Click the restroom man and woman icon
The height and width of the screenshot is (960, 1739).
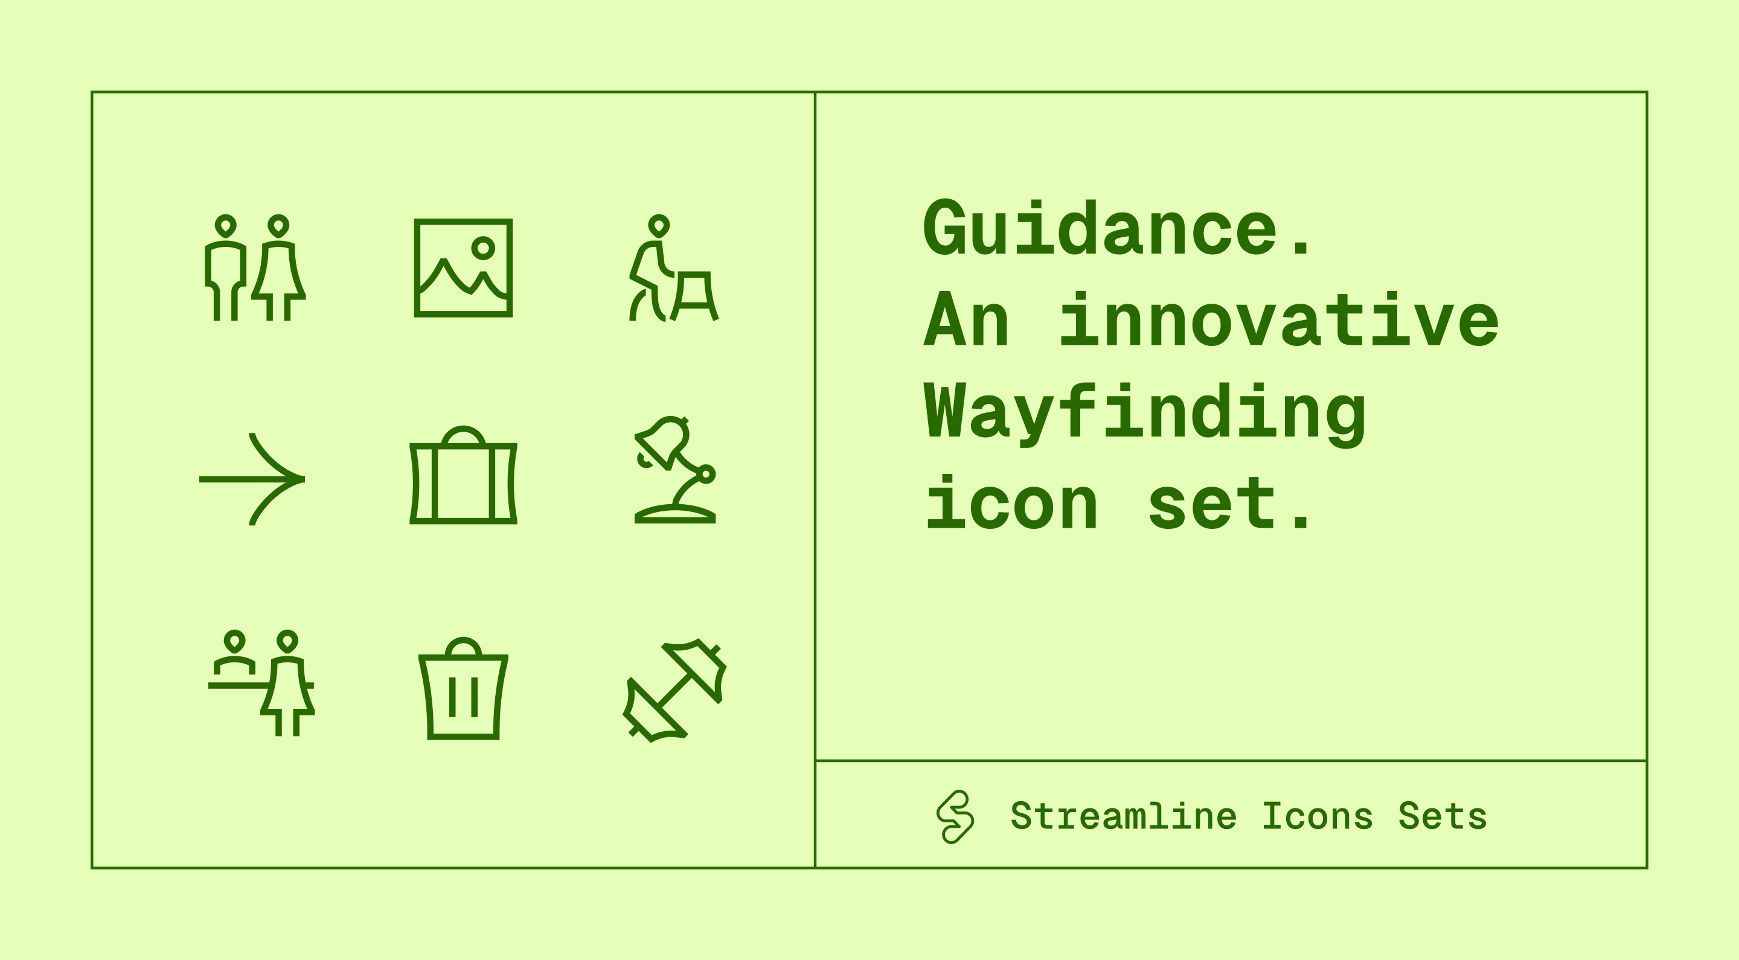click(255, 268)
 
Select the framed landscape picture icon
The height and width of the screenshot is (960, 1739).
click(463, 268)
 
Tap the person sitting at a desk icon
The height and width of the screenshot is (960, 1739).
click(674, 268)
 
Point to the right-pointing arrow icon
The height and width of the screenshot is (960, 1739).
click(252, 479)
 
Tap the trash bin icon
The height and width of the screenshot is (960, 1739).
click(463, 689)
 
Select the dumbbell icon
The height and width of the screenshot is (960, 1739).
click(674, 690)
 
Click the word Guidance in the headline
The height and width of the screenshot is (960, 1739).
click(1100, 229)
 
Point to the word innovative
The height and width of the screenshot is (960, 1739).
click(1279, 320)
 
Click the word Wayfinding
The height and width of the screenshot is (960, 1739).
click(1145, 413)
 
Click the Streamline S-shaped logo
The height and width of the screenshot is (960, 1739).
click(955, 817)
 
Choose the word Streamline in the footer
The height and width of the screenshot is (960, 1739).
click(1123, 817)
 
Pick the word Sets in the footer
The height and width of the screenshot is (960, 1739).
click(1442, 817)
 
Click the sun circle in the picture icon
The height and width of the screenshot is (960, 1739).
click(482, 248)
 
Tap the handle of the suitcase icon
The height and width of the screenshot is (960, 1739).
click(463, 434)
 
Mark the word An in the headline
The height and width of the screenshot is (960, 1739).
click(967, 320)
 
